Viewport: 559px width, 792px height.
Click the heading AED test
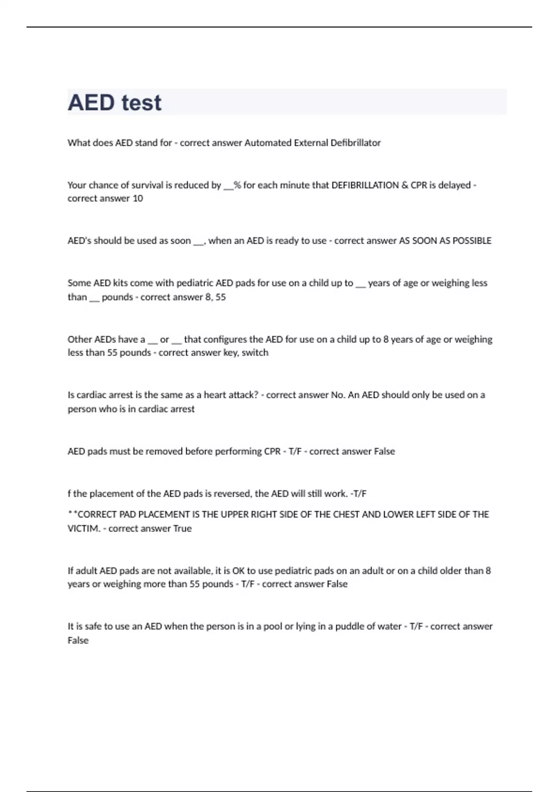115,102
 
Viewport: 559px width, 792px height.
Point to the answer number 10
137,198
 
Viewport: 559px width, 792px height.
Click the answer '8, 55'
215,297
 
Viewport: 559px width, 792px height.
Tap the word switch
255,353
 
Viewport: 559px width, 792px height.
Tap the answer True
182,529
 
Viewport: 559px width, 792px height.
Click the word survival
151,185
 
